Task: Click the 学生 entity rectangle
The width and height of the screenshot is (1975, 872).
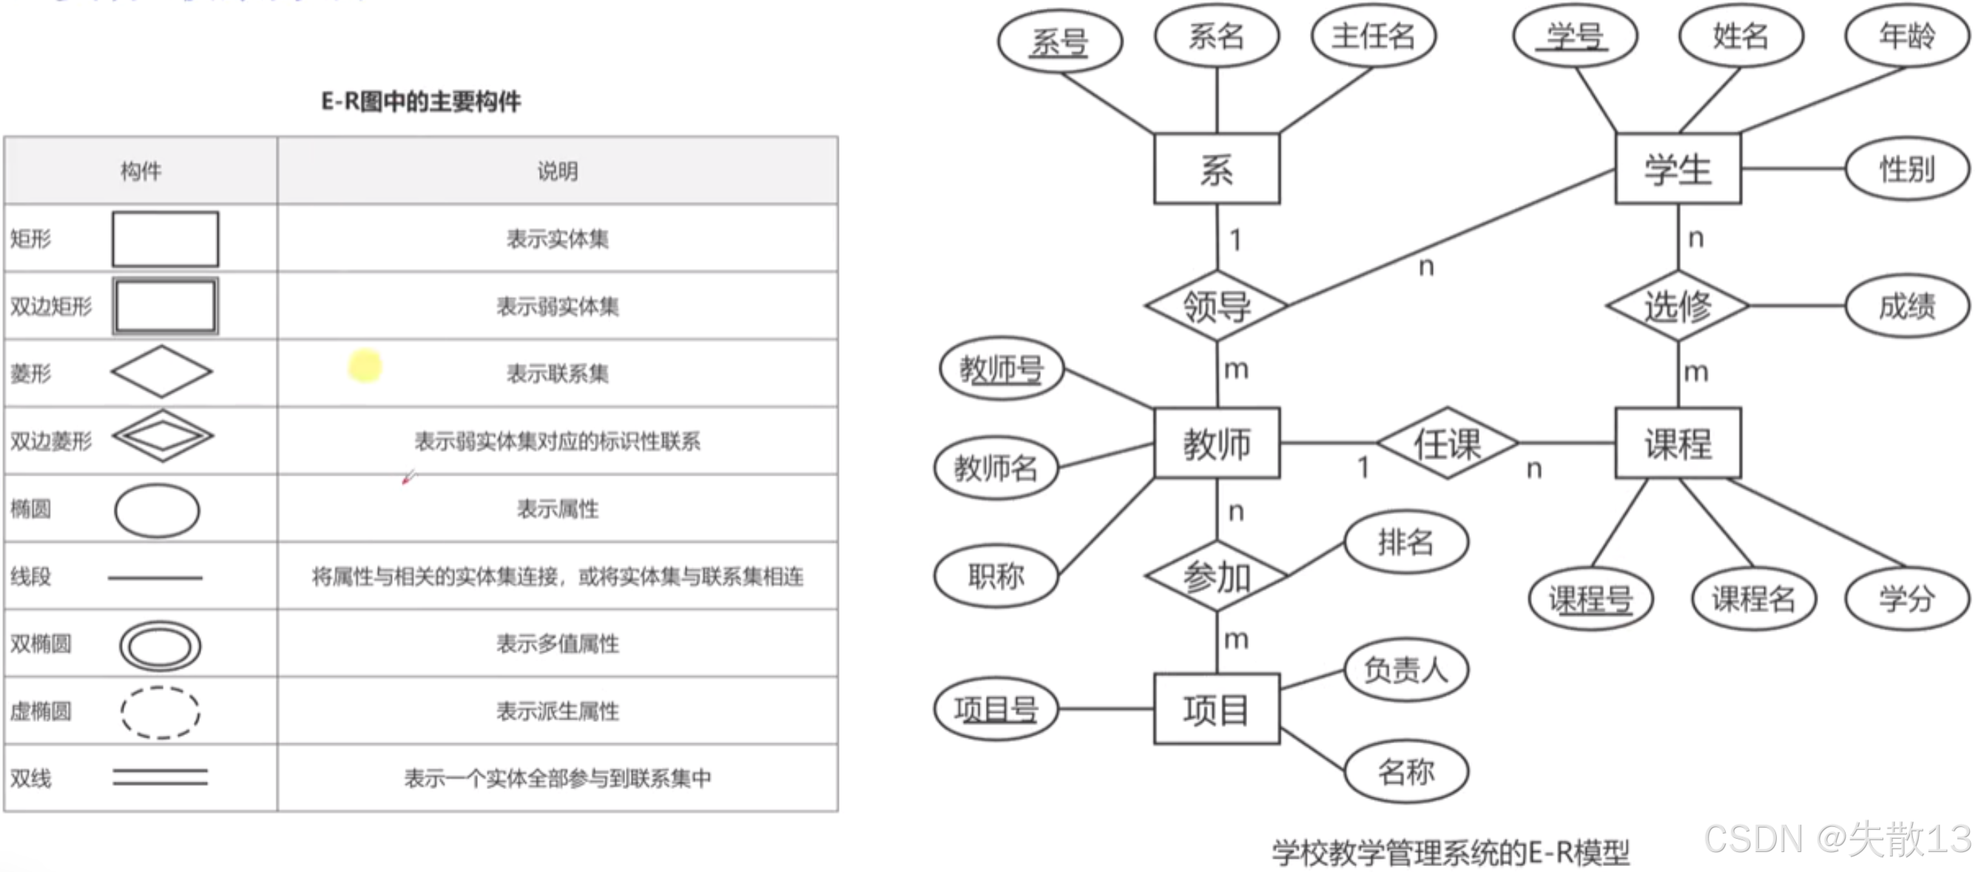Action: pos(1678,169)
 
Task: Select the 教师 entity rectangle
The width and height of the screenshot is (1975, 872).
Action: pos(1217,443)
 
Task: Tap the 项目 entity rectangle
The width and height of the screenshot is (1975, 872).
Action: pos(1217,709)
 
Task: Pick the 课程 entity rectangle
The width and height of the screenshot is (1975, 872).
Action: pos(1678,443)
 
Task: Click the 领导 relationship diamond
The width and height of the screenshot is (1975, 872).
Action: pos(1217,306)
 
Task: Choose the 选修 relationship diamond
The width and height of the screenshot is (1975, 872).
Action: pos(1678,306)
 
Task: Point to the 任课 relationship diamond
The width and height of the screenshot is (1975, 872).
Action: pos(1448,443)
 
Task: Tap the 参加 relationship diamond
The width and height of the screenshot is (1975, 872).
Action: pos(1217,577)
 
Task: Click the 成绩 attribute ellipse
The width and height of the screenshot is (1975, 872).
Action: pos(1907,306)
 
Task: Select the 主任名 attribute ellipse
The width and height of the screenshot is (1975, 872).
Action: pos(1373,36)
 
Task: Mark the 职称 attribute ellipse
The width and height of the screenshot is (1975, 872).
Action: pos(996,575)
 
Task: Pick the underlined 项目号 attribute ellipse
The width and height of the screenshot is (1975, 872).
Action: pos(996,709)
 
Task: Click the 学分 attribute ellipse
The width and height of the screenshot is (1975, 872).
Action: pos(1907,598)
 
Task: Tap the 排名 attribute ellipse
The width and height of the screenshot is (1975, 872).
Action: pos(1406,542)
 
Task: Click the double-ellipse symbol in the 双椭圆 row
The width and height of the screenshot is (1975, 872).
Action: pos(160,645)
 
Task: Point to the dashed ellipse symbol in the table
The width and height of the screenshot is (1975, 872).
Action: pos(160,712)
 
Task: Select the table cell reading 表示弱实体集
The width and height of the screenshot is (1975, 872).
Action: pos(558,307)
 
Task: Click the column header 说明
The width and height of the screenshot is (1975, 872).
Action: pos(558,171)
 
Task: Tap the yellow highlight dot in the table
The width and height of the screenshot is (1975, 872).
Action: pos(365,366)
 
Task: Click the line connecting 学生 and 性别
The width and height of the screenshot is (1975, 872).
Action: pos(1792,169)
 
